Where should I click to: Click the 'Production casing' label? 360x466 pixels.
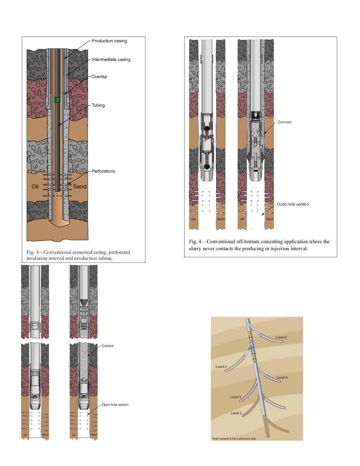pyautogui.click(x=109, y=41)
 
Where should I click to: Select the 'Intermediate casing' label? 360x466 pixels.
pyautogui.click(x=111, y=60)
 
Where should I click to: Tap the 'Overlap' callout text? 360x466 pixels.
pyautogui.click(x=99, y=77)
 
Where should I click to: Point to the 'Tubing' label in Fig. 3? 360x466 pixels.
pyautogui.click(x=98, y=105)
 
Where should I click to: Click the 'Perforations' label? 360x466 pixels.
pyautogui.click(x=103, y=171)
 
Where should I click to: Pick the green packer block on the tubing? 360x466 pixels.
pyautogui.click(x=58, y=100)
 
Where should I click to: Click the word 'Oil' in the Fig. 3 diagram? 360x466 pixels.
pyautogui.click(x=35, y=187)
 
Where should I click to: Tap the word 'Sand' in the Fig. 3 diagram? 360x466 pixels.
pyautogui.click(x=79, y=187)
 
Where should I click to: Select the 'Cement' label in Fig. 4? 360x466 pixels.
pyautogui.click(x=284, y=122)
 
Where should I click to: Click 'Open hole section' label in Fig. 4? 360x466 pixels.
pyautogui.click(x=292, y=204)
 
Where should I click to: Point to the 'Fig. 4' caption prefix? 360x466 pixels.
pyautogui.click(x=194, y=242)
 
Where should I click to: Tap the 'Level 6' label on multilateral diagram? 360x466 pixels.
pyautogui.click(x=281, y=337)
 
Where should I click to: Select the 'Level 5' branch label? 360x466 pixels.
pyautogui.click(x=221, y=367)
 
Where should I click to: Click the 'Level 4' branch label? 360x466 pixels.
pyautogui.click(x=282, y=377)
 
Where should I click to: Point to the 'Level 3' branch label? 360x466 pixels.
pyautogui.click(x=236, y=397)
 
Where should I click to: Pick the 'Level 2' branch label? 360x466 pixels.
pyautogui.click(x=236, y=413)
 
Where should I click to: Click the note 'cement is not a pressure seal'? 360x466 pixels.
pyautogui.click(x=234, y=439)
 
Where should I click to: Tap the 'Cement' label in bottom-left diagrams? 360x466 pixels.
pyautogui.click(x=108, y=346)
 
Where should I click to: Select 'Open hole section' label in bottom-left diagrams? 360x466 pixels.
pyautogui.click(x=115, y=405)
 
